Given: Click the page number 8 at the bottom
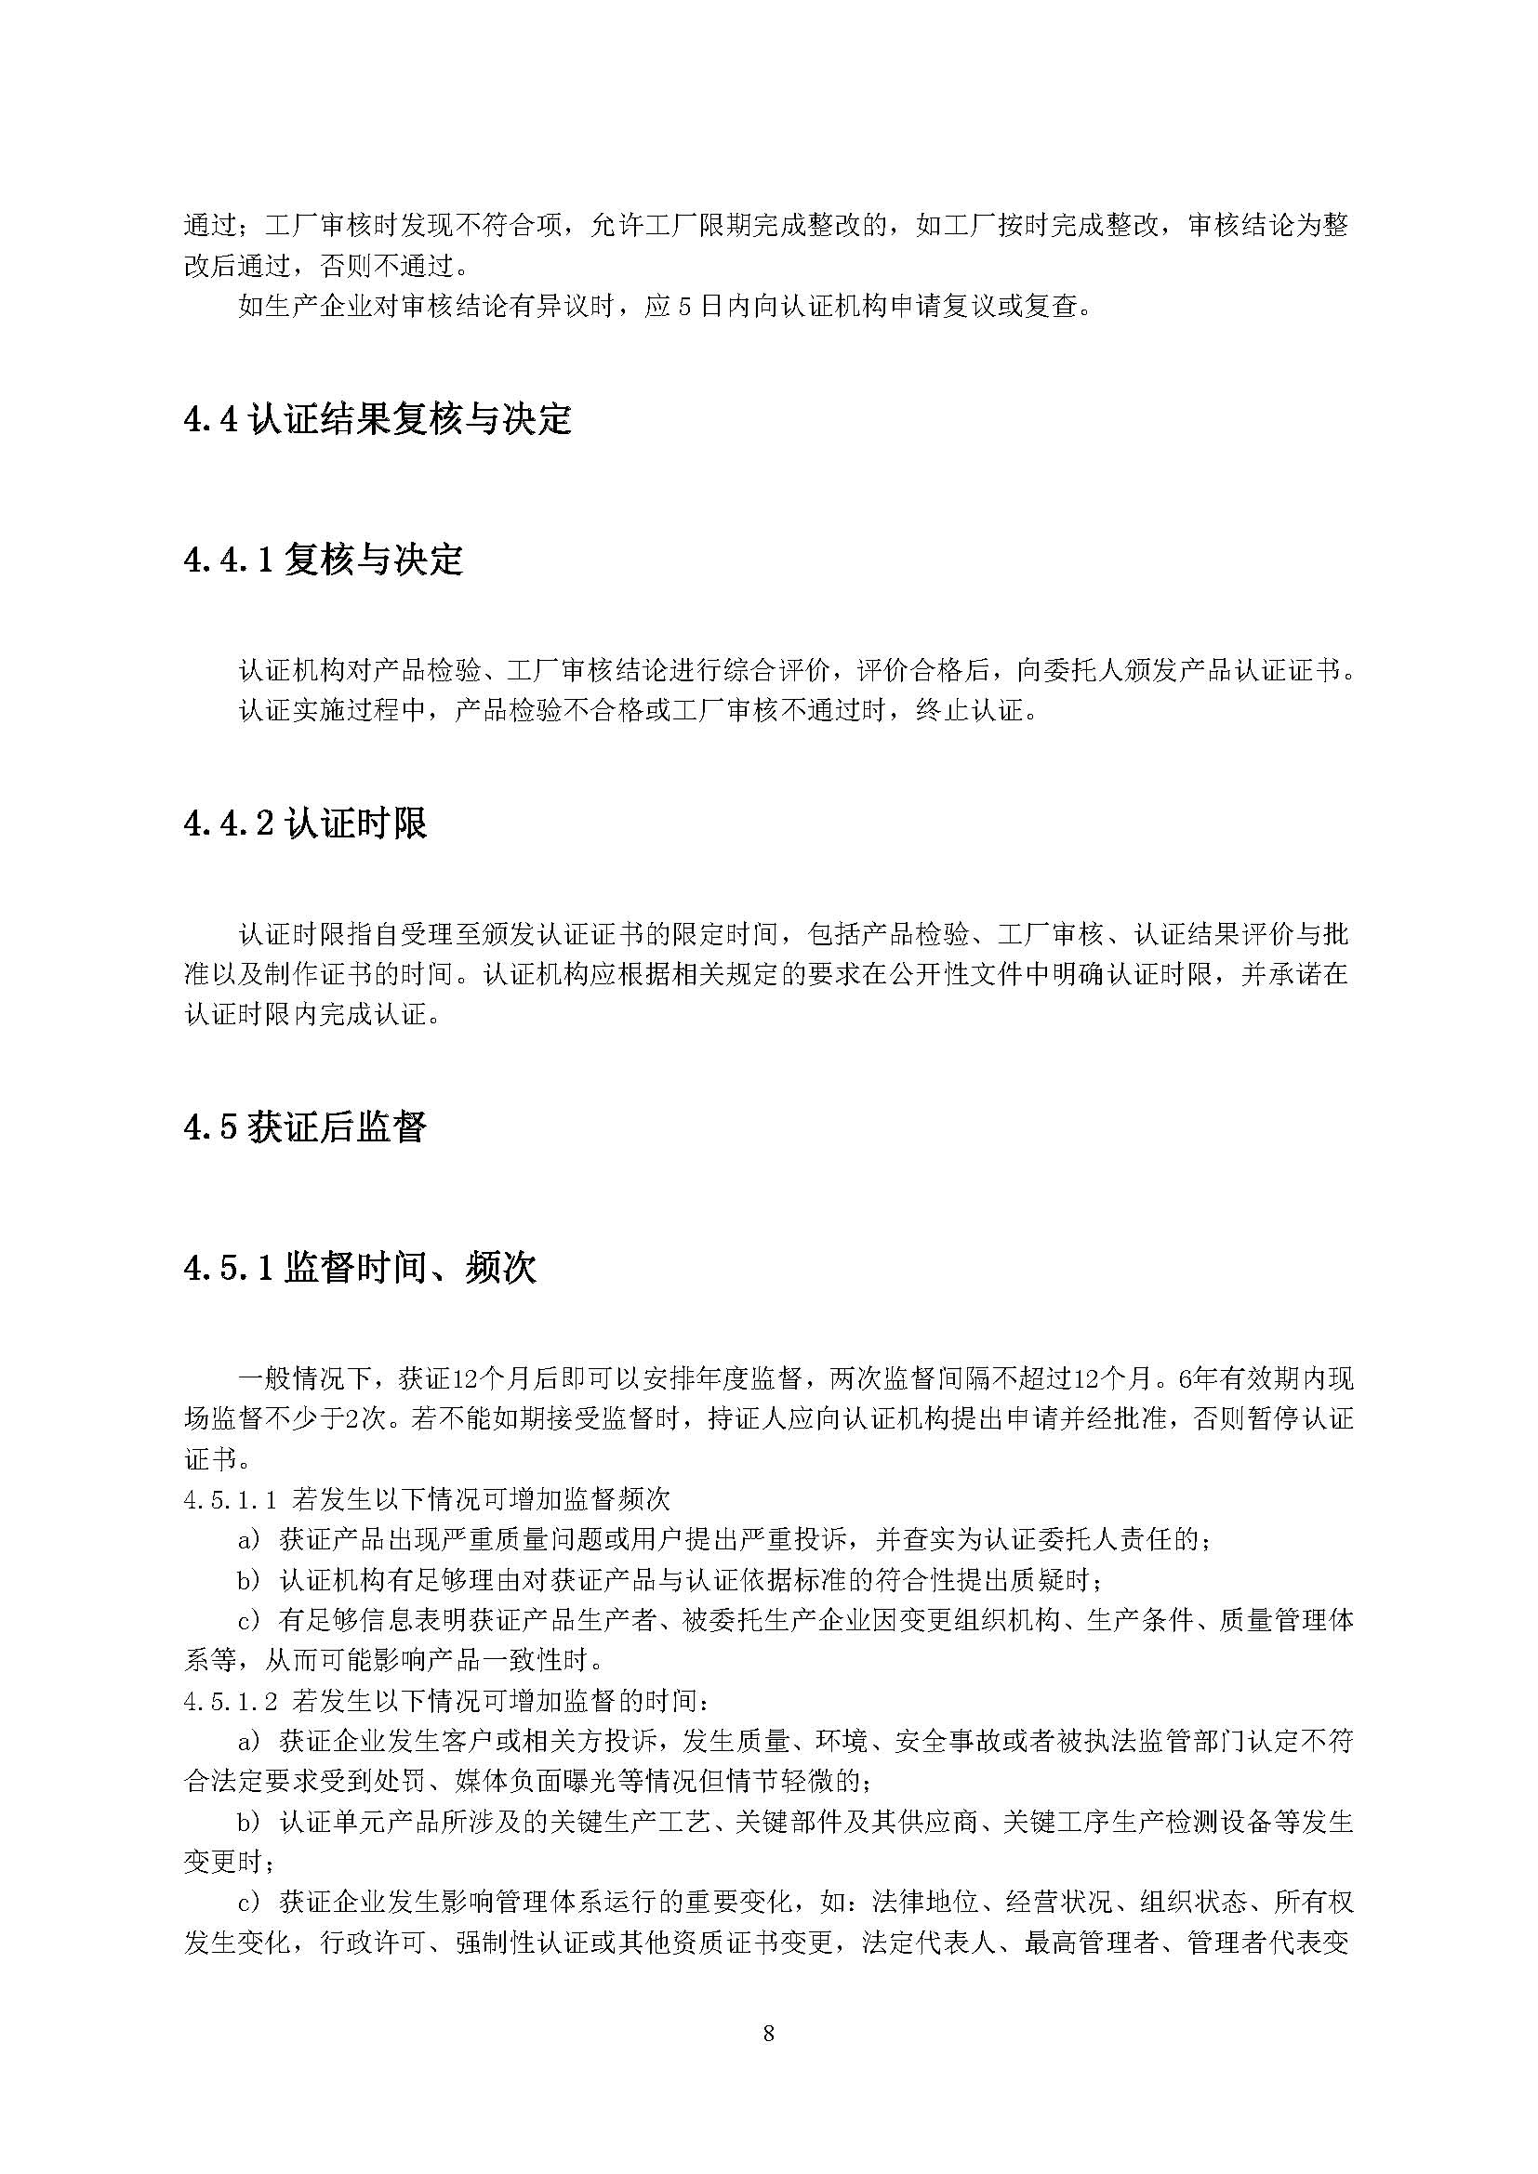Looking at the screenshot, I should tap(768, 2033).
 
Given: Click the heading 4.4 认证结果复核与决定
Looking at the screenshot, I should tap(378, 419).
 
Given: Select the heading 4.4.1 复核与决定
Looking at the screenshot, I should tap(323, 560).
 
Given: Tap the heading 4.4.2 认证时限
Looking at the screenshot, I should tap(305, 823).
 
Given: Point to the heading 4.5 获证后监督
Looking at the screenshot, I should tap(305, 1127).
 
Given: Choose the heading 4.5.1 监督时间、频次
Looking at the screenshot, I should tap(360, 1268).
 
